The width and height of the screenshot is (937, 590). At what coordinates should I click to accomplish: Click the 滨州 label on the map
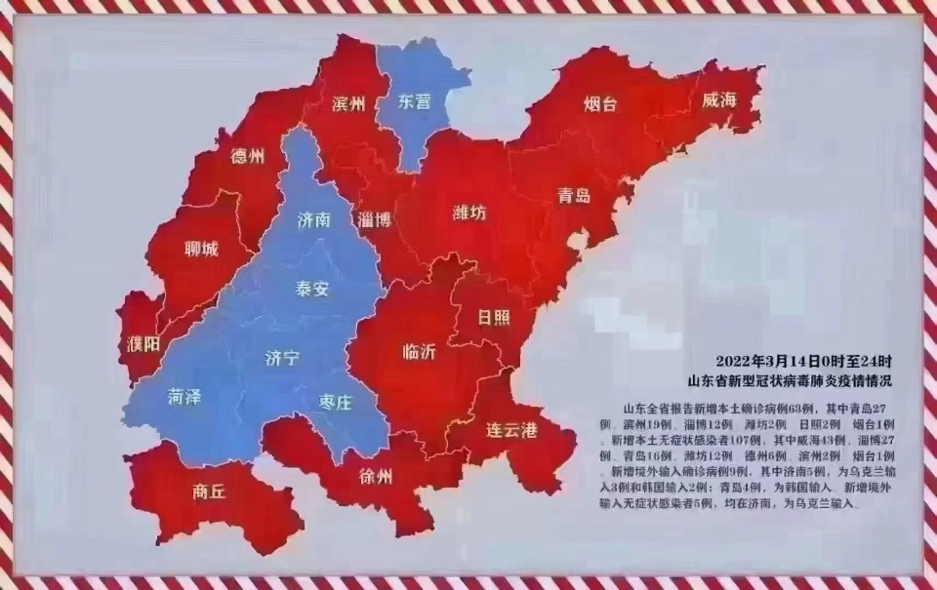348,103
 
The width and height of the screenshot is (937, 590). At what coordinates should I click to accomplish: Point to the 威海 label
717,101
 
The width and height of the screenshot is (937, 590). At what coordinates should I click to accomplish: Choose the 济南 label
314,221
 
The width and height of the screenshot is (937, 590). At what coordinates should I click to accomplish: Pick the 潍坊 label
468,212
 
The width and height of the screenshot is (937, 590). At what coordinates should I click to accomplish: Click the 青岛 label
575,195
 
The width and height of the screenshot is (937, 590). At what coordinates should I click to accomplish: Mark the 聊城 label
201,248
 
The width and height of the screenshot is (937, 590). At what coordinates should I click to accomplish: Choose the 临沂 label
420,353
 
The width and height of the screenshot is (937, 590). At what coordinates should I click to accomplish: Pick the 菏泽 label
183,397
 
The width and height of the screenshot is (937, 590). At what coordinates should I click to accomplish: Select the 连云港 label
511,429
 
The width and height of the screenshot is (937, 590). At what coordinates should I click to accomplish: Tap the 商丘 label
209,492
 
